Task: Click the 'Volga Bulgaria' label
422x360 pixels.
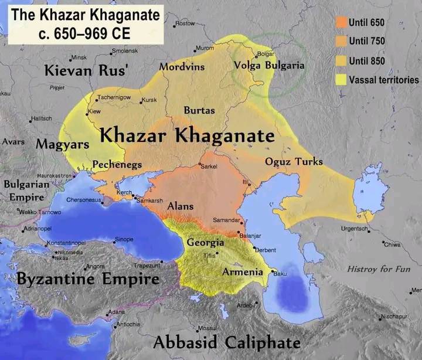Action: tap(269, 66)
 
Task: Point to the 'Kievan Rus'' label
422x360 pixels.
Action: tap(86, 72)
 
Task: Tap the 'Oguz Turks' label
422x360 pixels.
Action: tap(294, 162)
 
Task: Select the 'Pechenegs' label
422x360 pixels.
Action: tap(117, 165)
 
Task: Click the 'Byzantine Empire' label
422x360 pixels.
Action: tap(88, 279)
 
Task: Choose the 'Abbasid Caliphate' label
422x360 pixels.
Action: tap(227, 343)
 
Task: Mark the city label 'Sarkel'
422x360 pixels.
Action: tap(209, 167)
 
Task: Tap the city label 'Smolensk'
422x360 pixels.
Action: tap(124, 52)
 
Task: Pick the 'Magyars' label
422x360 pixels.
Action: tap(62, 144)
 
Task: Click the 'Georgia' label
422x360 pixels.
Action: tap(205, 242)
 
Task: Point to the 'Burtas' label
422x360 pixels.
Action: tap(199, 110)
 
